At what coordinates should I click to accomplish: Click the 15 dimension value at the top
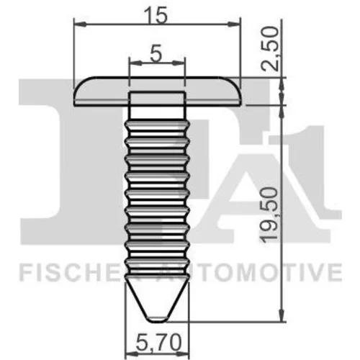pyautogui.click(x=157, y=15)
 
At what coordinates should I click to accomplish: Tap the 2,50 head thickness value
pyautogui.click(x=270, y=49)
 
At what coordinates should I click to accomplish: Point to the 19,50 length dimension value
pyautogui.click(x=269, y=215)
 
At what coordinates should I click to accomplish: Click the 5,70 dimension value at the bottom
pyautogui.click(x=158, y=343)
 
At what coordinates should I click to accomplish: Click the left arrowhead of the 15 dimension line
pyautogui.click(x=80, y=24)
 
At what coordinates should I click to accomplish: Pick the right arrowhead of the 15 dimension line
pyautogui.click(x=234, y=24)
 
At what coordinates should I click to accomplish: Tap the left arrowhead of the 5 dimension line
pyautogui.click(x=135, y=63)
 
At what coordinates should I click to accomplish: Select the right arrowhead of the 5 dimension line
pyautogui.click(x=179, y=63)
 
